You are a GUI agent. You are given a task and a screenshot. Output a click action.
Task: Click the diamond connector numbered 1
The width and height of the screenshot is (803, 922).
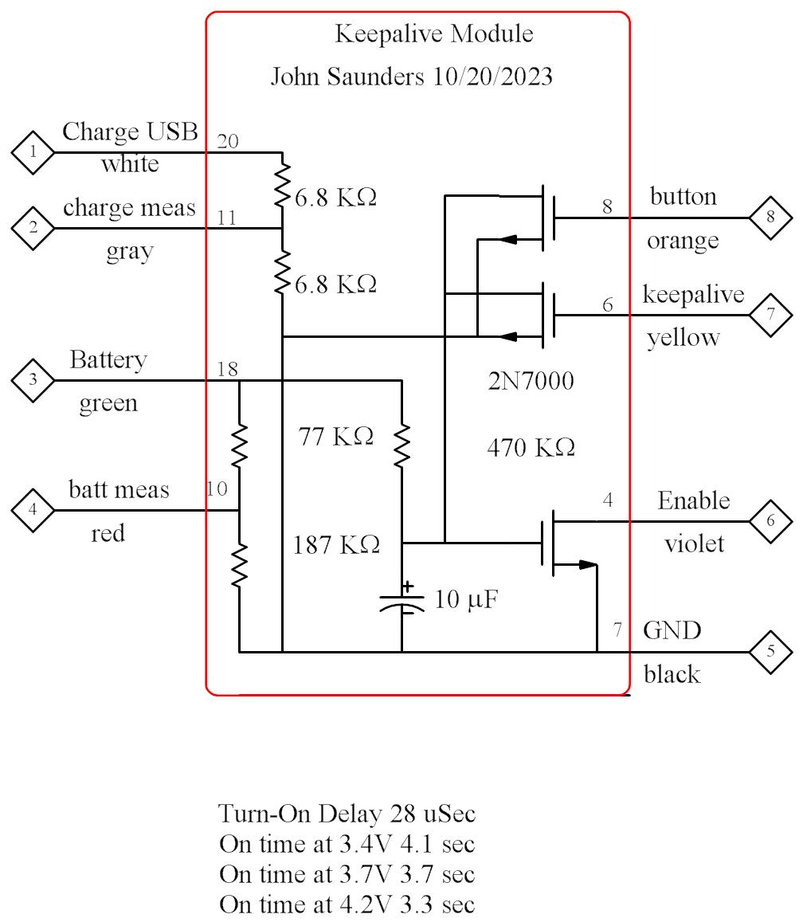point(33,152)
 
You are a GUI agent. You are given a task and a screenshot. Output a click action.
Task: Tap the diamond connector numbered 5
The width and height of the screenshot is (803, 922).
point(770,651)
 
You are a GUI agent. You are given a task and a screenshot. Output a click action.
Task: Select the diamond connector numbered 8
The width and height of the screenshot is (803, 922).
point(770,217)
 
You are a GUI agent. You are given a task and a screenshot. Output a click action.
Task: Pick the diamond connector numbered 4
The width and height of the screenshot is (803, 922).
point(33,510)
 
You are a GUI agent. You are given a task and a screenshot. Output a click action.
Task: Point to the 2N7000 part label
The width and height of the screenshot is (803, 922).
point(531,383)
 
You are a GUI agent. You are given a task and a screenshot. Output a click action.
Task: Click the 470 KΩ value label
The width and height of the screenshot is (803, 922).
point(531,449)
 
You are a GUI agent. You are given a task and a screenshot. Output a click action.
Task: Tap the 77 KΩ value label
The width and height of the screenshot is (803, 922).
point(335,437)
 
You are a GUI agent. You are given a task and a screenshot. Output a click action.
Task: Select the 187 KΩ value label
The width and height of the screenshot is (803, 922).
point(336,545)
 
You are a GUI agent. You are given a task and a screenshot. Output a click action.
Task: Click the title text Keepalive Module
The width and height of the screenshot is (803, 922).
point(434,34)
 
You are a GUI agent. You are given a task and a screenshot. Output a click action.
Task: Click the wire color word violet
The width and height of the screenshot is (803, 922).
point(694,543)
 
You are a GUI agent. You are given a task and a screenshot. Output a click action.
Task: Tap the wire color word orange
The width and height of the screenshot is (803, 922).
point(683,240)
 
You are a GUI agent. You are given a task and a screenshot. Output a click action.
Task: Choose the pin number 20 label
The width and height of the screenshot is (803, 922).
point(227,141)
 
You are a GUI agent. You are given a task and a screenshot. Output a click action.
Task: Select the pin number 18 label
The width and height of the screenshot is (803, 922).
point(227,369)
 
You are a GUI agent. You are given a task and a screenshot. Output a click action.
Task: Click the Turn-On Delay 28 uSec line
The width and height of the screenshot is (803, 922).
point(347,814)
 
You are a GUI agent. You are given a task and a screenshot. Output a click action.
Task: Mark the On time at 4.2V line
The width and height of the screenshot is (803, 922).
point(347,904)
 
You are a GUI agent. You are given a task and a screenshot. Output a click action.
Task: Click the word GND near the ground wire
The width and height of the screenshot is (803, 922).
point(672,630)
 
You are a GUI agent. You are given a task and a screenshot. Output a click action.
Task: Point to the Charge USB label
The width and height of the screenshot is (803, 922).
point(130,131)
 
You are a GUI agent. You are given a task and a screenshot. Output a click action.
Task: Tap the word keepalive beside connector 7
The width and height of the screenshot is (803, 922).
point(693,295)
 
